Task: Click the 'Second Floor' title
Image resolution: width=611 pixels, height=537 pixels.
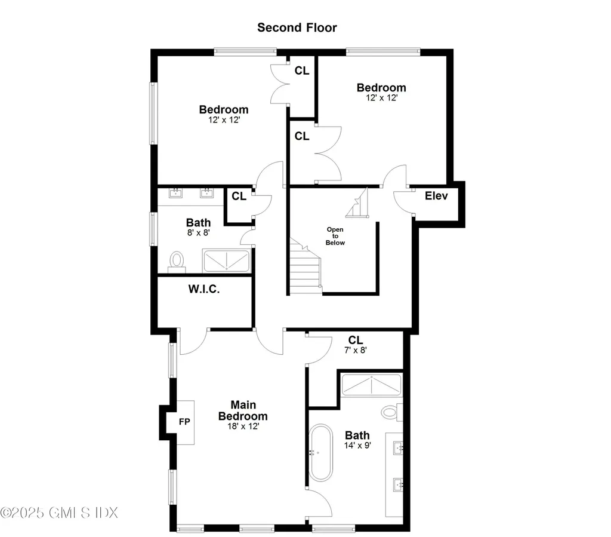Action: click(x=297, y=27)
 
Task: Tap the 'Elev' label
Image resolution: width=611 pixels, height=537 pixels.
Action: click(x=436, y=196)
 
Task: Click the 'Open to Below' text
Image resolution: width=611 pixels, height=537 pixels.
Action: click(x=335, y=236)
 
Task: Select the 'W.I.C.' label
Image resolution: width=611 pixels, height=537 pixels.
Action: click(x=204, y=290)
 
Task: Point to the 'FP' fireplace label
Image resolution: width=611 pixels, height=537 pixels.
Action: click(x=184, y=422)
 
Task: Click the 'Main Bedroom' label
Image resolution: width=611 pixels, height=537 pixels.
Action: click(x=242, y=411)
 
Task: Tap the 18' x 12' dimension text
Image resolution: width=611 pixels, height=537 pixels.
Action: click(x=242, y=426)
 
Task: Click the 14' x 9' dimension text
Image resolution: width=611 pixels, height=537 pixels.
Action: click(x=357, y=446)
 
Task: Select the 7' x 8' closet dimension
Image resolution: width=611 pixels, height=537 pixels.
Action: click(x=356, y=351)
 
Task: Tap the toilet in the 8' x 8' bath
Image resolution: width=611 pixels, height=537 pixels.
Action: click(x=177, y=261)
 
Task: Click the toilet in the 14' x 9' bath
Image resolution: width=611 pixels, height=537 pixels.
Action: click(x=390, y=411)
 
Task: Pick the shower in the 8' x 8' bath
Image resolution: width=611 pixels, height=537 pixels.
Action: click(x=226, y=261)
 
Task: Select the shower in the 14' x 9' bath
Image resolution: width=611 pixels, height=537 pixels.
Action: click(x=371, y=386)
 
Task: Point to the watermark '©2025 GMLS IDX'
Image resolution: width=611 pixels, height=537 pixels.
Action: click(x=60, y=513)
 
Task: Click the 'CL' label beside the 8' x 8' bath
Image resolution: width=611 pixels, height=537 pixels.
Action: click(x=239, y=196)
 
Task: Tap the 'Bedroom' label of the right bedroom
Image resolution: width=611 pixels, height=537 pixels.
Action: click(x=381, y=88)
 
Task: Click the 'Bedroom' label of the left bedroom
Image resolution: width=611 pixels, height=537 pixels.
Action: click(x=224, y=109)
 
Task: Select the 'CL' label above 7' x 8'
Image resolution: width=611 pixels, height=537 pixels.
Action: click(x=356, y=340)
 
